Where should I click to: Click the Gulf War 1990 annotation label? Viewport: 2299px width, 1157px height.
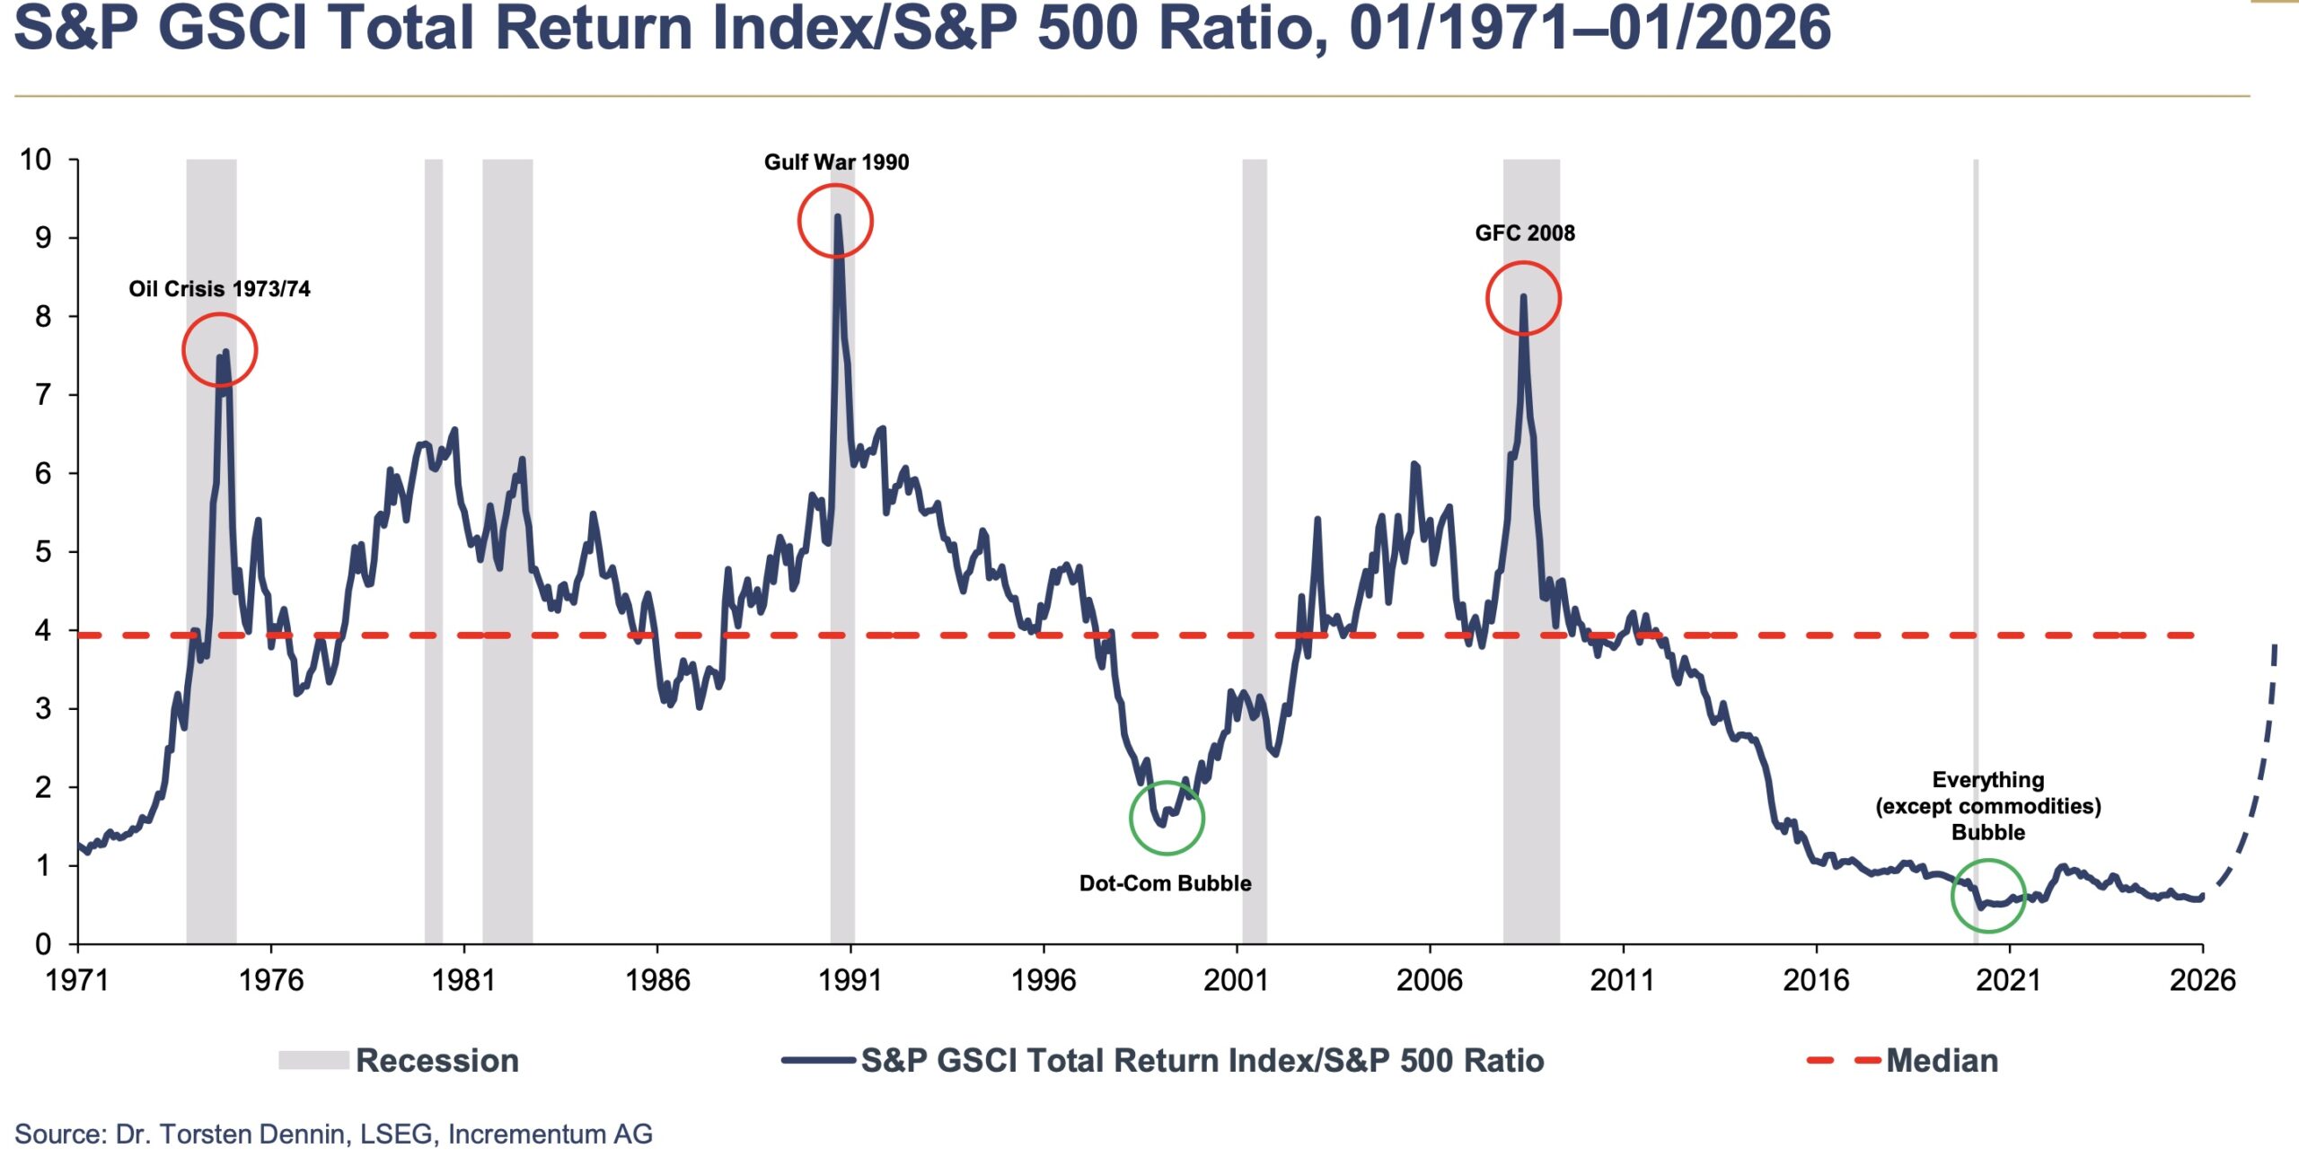836,162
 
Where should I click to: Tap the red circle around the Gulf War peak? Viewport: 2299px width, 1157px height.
835,221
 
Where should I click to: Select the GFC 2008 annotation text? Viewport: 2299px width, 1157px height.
1525,233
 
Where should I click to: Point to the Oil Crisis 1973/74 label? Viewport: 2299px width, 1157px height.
219,289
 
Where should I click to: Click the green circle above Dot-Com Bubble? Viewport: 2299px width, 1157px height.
1167,818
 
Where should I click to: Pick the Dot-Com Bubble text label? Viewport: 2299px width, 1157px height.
1165,883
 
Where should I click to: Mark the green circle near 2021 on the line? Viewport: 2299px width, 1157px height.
1988,896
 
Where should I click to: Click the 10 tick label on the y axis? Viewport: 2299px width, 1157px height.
36,160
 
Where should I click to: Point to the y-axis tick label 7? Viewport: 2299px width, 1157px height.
43,395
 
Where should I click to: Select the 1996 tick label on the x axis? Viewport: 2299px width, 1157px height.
1044,980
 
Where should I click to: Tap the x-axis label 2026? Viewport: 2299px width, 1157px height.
2202,980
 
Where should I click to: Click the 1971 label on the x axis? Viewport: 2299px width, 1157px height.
77,980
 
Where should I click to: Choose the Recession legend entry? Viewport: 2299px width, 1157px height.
436,1061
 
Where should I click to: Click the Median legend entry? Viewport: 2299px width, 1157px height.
1942,1061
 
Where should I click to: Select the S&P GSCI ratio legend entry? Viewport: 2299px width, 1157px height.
1202,1061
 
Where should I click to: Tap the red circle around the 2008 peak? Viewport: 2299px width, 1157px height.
1523,298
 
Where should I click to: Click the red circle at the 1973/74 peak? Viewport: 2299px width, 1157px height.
219,350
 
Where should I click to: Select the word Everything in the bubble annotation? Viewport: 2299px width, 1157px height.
1988,780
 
